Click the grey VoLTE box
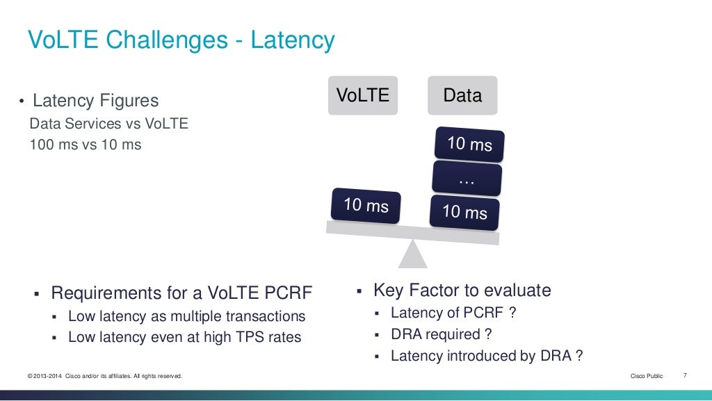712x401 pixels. (x=363, y=95)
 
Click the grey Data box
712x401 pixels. (x=462, y=95)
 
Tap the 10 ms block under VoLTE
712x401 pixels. (x=366, y=206)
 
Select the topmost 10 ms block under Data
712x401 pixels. (x=469, y=144)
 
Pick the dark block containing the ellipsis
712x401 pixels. (x=467, y=179)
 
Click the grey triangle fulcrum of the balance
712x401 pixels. (x=413, y=255)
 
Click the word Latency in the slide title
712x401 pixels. (x=293, y=40)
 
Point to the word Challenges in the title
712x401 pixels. (x=166, y=40)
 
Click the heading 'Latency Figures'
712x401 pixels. (x=96, y=101)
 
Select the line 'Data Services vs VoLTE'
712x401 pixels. (x=108, y=124)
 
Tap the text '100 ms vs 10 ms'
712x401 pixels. (x=86, y=145)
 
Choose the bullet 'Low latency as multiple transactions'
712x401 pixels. (x=186, y=316)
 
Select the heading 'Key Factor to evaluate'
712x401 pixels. (x=462, y=290)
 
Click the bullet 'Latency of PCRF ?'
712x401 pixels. (x=453, y=313)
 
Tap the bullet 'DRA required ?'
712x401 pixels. (x=442, y=334)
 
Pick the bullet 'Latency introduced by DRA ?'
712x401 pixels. (x=486, y=356)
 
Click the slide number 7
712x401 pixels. (x=685, y=376)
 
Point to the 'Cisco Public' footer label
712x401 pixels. (x=647, y=376)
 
